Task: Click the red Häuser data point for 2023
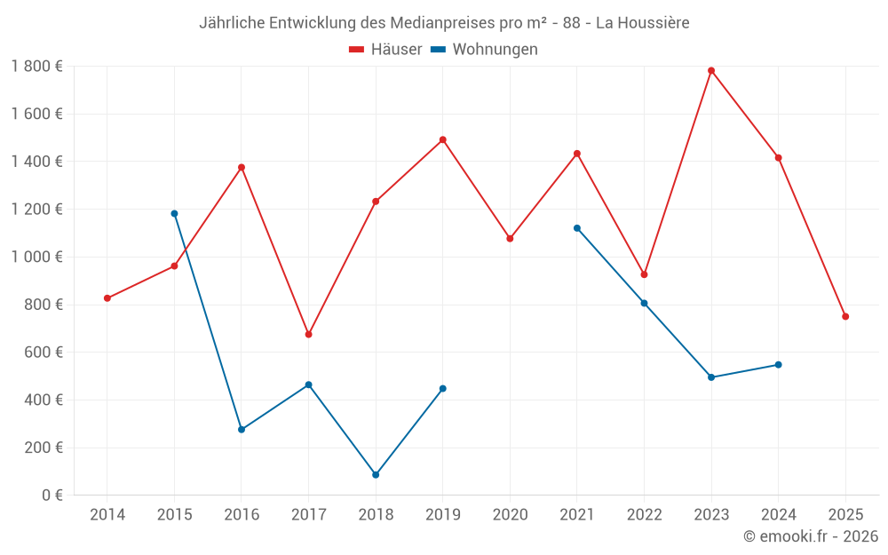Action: (711, 70)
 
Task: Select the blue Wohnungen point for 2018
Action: (376, 475)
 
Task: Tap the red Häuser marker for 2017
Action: (308, 334)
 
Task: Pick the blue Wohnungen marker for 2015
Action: (174, 213)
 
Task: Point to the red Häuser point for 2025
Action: (845, 316)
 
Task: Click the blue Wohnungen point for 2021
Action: (577, 228)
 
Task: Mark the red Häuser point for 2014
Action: (107, 298)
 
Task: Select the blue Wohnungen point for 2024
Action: (779, 364)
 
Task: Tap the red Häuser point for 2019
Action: (443, 139)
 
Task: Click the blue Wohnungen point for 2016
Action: (242, 430)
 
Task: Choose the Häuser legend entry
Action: (385, 50)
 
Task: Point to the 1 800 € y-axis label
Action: (36, 66)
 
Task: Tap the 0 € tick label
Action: (50, 496)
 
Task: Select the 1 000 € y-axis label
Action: (36, 257)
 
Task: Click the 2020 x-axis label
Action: (510, 514)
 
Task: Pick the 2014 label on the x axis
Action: (107, 514)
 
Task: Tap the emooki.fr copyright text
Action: (811, 536)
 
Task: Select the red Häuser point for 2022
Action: (645, 274)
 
